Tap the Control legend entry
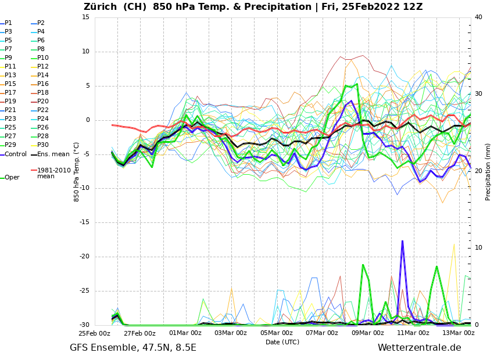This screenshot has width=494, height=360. pyautogui.click(x=15, y=154)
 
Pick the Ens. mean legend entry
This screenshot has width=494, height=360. pyautogui.click(x=53, y=154)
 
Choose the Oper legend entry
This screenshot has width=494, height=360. pyautogui.click(x=12, y=178)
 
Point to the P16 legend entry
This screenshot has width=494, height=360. pyautogui.click(x=43, y=84)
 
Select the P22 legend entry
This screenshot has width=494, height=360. pyautogui.click(x=43, y=110)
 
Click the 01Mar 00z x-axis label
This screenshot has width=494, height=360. pyautogui.click(x=185, y=333)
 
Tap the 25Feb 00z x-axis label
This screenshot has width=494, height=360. pyautogui.click(x=94, y=333)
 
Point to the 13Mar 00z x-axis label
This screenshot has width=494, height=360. pyautogui.click(x=459, y=333)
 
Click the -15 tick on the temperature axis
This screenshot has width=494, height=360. pyautogui.click(x=85, y=222)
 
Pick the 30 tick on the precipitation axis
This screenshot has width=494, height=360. pyautogui.click(x=478, y=93)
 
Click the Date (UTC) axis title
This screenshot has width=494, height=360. pyautogui.click(x=282, y=342)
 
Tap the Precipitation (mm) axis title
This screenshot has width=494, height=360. pyautogui.click(x=488, y=171)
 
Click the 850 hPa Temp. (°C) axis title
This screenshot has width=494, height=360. pyautogui.click(x=76, y=171)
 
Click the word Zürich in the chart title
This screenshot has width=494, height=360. pyautogui.click(x=103, y=7)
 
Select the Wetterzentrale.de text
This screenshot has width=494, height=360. pyautogui.click(x=419, y=348)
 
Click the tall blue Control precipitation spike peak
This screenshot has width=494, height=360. pyautogui.click(x=402, y=241)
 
